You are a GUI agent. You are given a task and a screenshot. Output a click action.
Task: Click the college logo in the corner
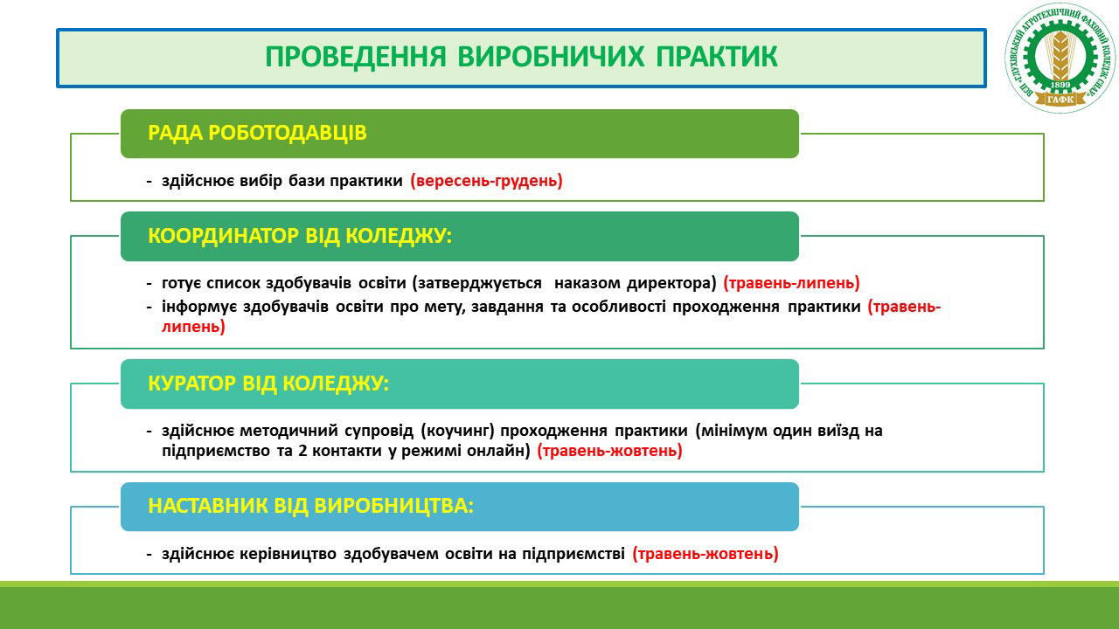(x=1060, y=58)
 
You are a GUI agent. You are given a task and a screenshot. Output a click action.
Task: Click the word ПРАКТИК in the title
(x=716, y=57)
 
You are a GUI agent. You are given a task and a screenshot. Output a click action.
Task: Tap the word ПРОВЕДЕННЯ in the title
(x=355, y=57)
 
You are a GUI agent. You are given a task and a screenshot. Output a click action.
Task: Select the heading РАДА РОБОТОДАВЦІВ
(x=257, y=133)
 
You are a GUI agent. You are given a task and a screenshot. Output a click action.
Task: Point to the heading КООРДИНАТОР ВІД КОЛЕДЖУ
(x=300, y=236)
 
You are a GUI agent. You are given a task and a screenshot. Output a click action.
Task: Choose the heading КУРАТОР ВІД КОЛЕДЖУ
(x=268, y=384)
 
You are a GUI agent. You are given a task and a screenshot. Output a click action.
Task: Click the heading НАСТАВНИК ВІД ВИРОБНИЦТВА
(x=310, y=506)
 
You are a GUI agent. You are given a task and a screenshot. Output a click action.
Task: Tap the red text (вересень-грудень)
(x=487, y=181)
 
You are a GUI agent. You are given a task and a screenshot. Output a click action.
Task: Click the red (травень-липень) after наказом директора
(x=792, y=283)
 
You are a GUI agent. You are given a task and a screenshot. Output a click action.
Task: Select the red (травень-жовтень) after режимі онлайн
(x=609, y=451)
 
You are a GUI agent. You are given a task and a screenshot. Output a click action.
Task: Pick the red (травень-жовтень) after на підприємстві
(x=705, y=554)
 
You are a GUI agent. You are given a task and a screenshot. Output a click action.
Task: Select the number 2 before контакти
(x=302, y=451)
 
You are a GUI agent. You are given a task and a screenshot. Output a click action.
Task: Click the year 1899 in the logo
(x=1060, y=85)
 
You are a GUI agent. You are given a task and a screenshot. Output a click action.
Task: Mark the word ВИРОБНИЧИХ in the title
(x=551, y=57)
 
